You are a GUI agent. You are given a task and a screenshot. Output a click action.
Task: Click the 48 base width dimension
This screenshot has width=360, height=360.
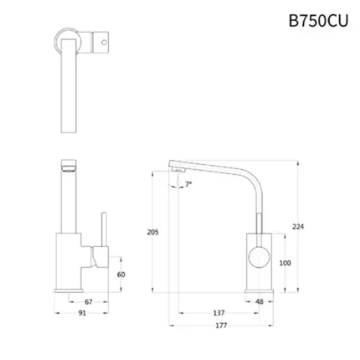click(260, 302)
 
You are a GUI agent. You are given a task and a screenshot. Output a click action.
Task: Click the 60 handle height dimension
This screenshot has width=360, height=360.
click(122, 274)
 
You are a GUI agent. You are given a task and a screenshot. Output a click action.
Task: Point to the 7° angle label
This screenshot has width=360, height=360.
click(188, 183)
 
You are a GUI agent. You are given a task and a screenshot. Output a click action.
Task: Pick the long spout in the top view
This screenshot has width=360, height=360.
click(69, 92)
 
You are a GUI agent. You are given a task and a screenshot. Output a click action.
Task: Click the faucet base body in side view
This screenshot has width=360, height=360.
click(260, 264)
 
